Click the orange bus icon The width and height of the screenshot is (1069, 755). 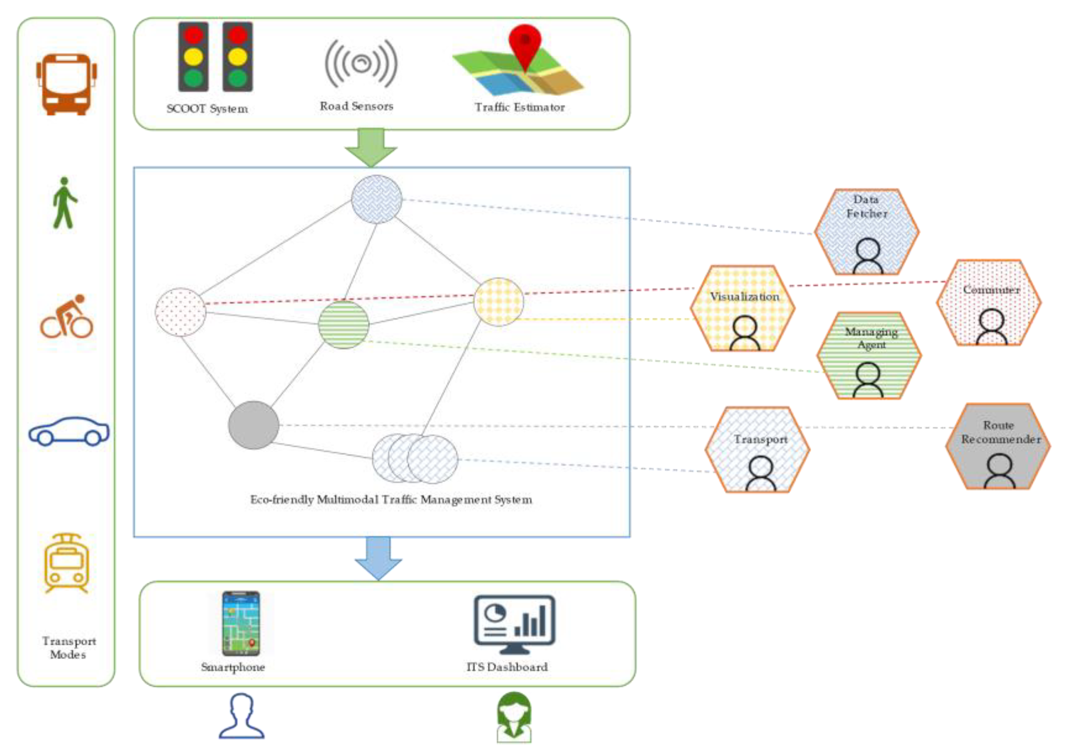point(67,84)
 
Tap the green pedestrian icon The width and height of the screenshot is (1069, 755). point(64,203)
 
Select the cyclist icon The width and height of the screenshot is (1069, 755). point(67,317)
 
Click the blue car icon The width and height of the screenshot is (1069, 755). point(69,431)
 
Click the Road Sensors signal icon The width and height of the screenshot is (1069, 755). point(361,64)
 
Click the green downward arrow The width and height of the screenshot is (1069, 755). point(370,147)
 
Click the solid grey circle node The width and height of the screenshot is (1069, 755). point(253,425)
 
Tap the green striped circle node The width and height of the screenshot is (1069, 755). point(344,325)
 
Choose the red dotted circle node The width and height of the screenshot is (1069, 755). point(181,312)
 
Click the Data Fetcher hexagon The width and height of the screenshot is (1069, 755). point(866,231)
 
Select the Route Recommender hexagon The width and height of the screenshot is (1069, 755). point(998,446)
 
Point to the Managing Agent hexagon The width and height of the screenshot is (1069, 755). point(869,356)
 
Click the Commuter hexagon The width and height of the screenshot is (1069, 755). point(989,303)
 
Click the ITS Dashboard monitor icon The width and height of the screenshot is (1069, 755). point(514,623)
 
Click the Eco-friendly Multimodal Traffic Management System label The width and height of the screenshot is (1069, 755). point(391,500)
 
